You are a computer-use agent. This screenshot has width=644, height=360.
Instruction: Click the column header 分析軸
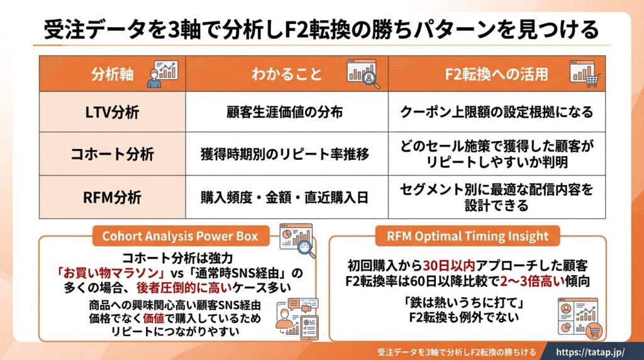click(112, 74)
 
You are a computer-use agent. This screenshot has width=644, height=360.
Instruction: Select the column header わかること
click(287, 74)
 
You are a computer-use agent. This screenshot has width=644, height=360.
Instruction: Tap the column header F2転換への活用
click(497, 74)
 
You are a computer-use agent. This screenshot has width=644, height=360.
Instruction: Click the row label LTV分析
click(112, 112)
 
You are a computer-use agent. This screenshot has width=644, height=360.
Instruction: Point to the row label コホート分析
click(112, 154)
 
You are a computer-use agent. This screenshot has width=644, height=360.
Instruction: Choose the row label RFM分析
click(112, 198)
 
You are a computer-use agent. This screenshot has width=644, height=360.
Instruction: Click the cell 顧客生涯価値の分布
click(285, 112)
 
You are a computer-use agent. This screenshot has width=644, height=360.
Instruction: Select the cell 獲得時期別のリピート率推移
click(285, 154)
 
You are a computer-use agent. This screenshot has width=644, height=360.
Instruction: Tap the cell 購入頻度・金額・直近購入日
click(285, 198)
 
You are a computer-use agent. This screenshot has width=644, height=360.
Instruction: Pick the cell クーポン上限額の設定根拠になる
click(497, 112)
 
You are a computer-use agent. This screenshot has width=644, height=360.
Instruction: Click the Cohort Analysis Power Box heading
click(180, 236)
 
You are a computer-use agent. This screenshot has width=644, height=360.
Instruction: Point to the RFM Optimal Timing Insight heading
click(467, 236)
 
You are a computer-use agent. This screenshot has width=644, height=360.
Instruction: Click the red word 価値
click(153, 318)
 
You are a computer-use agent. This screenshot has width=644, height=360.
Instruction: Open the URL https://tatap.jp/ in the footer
click(590, 352)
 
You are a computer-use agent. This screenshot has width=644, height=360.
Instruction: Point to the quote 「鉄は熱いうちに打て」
click(464, 303)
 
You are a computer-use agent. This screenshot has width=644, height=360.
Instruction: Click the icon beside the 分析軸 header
click(163, 74)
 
